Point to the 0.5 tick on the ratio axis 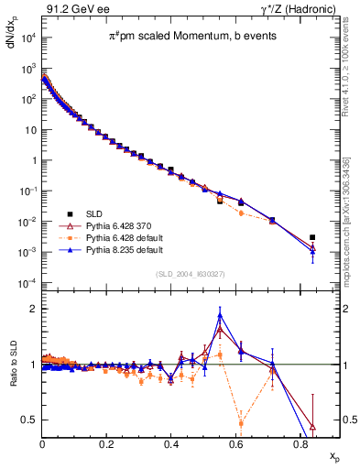click(31, 420)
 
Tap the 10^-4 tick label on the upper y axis click(27, 282)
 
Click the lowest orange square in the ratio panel click(241, 423)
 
